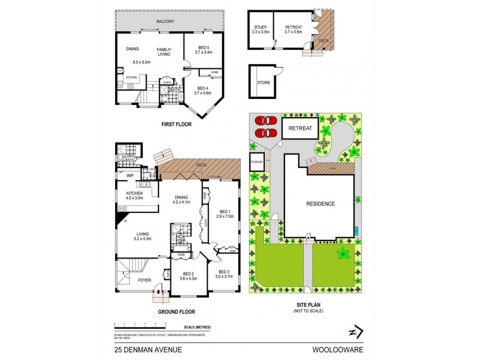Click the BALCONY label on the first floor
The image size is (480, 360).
pyautogui.click(x=166, y=22)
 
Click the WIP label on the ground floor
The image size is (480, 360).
pyautogui.click(x=129, y=175)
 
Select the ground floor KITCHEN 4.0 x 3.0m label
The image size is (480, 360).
pyautogui.click(x=134, y=196)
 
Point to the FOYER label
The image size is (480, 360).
pyautogui.click(x=145, y=280)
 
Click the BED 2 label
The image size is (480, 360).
pyautogui.click(x=188, y=275)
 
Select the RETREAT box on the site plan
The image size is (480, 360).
pyautogui.click(x=300, y=128)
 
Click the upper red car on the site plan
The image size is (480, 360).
pyautogui.click(x=264, y=121)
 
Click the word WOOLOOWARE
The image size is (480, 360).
pyautogui.click(x=347, y=348)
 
